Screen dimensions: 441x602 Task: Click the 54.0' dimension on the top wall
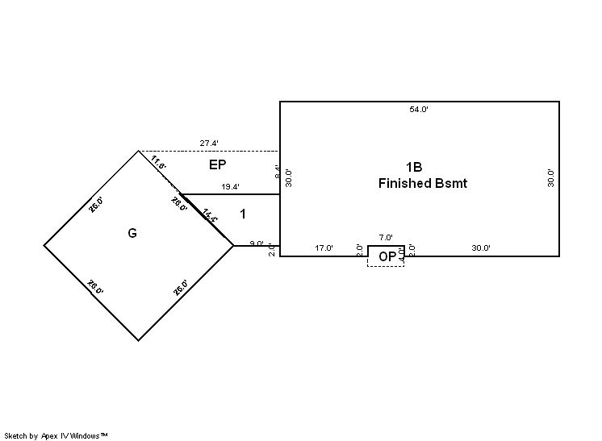[x=419, y=109]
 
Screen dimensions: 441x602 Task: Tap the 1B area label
[x=414, y=167]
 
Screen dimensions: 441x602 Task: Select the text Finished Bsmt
[x=422, y=183]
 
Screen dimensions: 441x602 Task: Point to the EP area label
[x=217, y=164]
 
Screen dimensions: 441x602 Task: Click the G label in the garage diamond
[x=132, y=233]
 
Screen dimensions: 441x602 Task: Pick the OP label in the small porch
[x=387, y=257]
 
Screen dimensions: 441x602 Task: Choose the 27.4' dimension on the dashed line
[x=209, y=144]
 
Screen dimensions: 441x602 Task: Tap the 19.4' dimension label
[x=229, y=187]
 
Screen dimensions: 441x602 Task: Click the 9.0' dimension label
[x=257, y=243]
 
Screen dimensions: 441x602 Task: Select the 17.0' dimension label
[x=324, y=248]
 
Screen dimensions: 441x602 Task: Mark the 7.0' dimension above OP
[x=386, y=238]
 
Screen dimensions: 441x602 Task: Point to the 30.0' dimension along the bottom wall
[x=481, y=248]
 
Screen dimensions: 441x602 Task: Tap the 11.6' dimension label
[x=158, y=163]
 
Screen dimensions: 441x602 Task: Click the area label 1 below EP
[x=242, y=214]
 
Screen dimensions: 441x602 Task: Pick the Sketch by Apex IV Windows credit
[x=56, y=435]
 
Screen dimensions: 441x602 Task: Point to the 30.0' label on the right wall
[x=551, y=178]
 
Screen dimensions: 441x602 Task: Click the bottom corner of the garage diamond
[x=139, y=340]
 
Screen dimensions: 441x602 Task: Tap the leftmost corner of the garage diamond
[x=44, y=245]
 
